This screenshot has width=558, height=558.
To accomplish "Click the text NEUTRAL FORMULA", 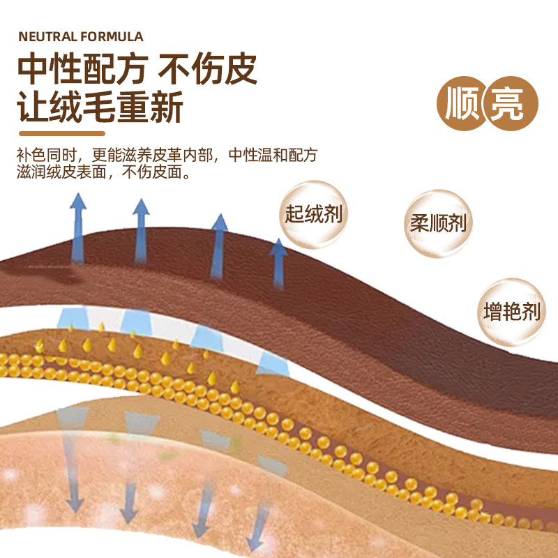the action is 80,36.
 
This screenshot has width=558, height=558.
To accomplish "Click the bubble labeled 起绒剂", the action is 313,213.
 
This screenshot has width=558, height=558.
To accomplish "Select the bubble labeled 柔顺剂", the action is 438,223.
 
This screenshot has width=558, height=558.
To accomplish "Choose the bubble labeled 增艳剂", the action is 512,311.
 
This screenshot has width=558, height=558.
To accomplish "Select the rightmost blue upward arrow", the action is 279,262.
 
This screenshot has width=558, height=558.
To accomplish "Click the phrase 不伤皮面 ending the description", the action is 153,172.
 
